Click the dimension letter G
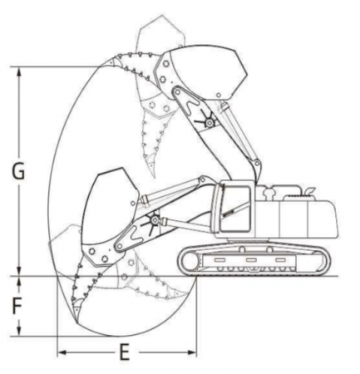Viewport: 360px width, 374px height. [x=18, y=171]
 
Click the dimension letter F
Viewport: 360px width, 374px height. [x=17, y=307]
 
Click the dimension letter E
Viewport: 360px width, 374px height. [x=125, y=352]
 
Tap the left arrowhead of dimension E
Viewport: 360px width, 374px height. [x=62, y=352]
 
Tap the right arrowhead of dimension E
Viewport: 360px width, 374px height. [x=192, y=352]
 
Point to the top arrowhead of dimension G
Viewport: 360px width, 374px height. [x=19, y=71]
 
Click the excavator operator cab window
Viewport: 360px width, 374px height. [x=236, y=209]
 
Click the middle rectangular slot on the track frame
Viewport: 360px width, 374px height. [x=251, y=259]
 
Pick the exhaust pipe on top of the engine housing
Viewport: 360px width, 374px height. [x=309, y=191]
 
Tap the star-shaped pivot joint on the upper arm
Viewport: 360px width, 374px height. [x=210, y=121]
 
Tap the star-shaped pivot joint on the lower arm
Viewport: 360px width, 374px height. [x=154, y=220]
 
